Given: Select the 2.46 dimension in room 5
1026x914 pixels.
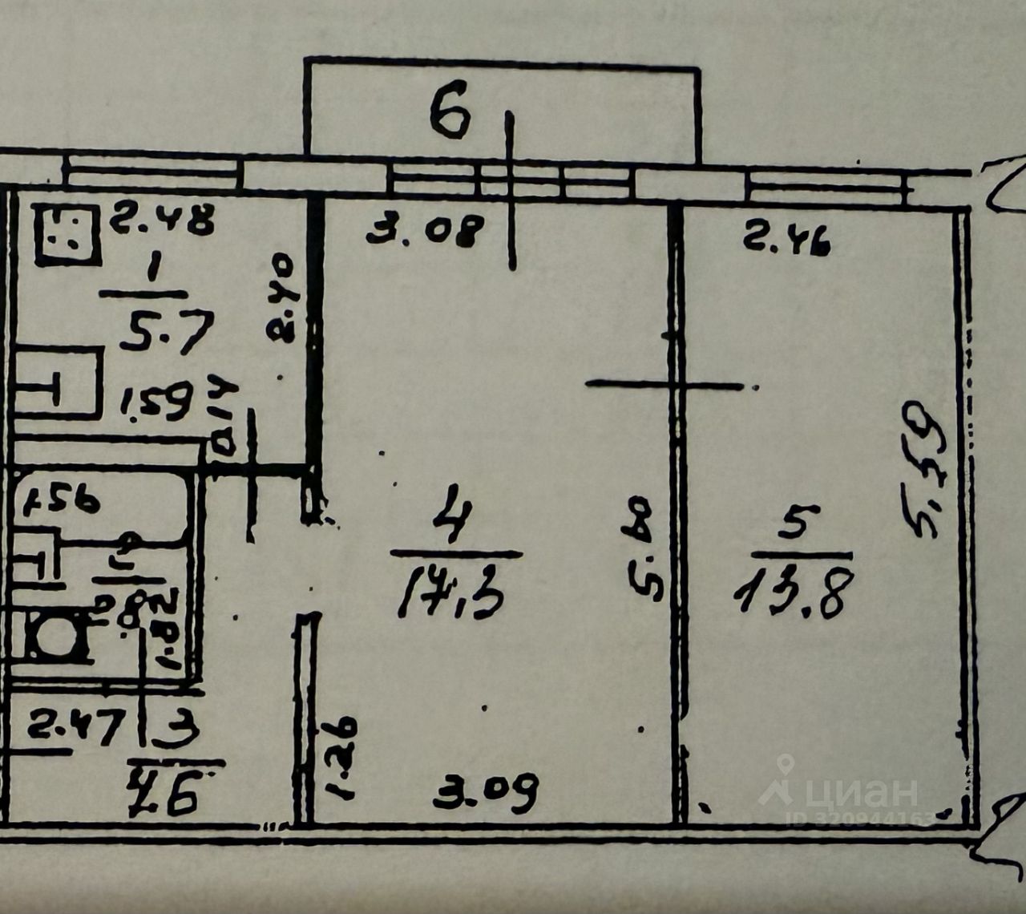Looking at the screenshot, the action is [x=786, y=238].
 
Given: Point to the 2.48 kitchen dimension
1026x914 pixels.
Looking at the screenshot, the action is [x=162, y=218].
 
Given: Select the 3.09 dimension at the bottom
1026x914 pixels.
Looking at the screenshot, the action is [x=486, y=792].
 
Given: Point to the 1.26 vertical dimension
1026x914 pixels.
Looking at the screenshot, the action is [x=340, y=758].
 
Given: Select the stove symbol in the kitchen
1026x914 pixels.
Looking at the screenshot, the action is [x=67, y=235].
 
